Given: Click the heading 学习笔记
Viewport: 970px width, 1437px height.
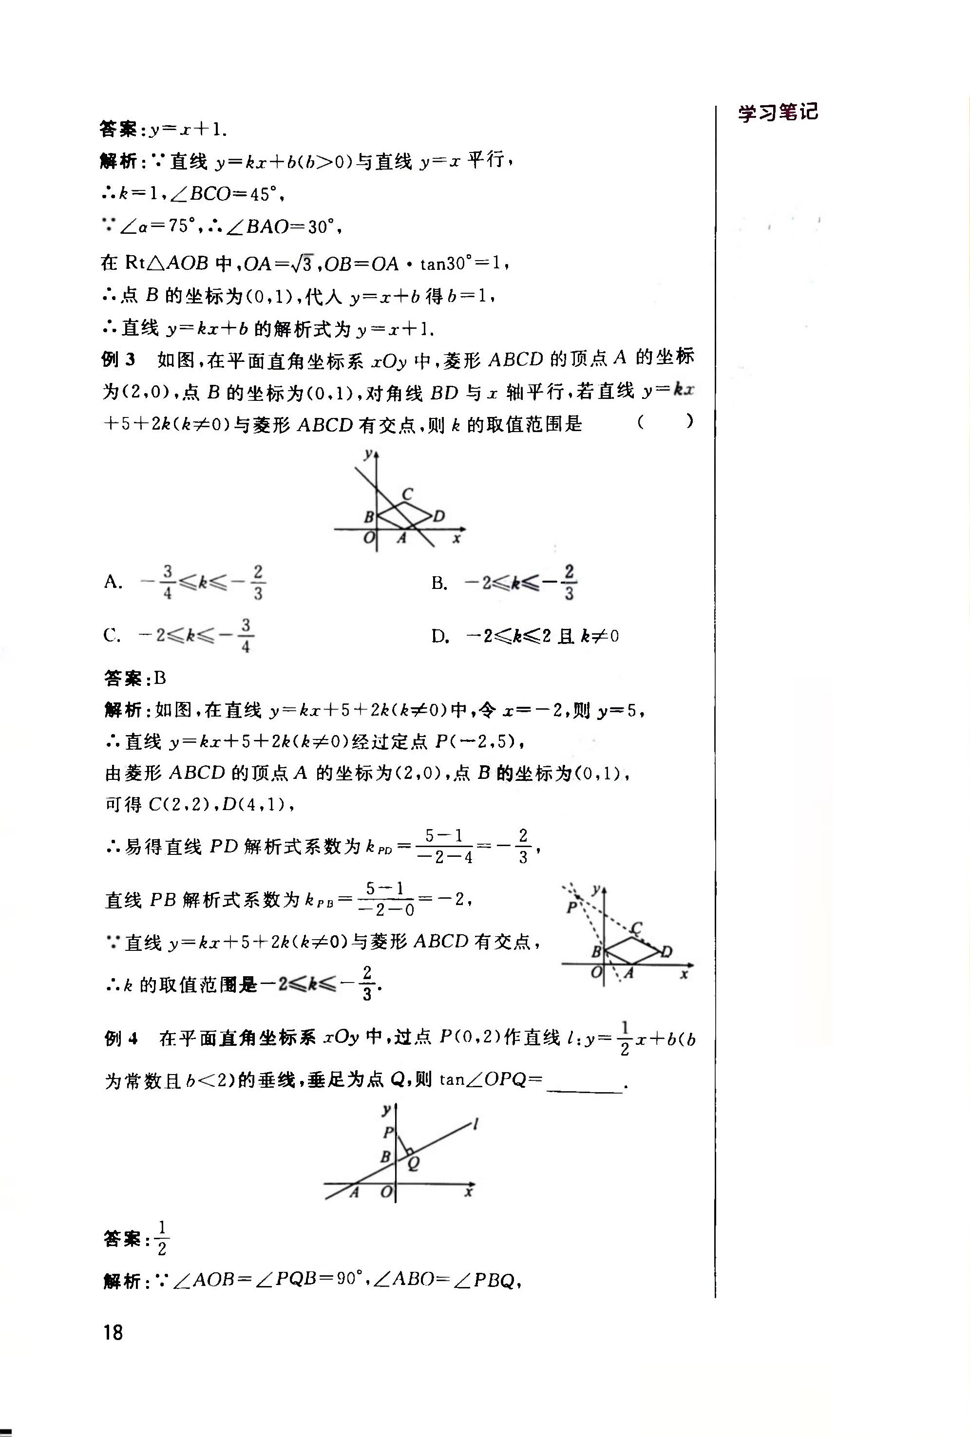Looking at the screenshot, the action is click(778, 113).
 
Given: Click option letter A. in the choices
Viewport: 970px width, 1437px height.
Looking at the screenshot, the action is click(113, 581).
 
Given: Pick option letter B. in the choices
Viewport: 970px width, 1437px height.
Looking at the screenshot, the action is click(439, 583).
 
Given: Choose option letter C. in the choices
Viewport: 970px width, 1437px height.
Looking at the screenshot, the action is click(112, 635).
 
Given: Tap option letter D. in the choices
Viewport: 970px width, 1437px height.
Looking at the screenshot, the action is click(439, 636).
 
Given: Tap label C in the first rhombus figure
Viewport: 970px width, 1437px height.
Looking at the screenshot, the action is click(407, 494).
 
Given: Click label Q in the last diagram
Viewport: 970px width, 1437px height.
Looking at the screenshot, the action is click(414, 1163).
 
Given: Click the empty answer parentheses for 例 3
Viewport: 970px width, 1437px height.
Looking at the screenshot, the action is click(665, 422).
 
